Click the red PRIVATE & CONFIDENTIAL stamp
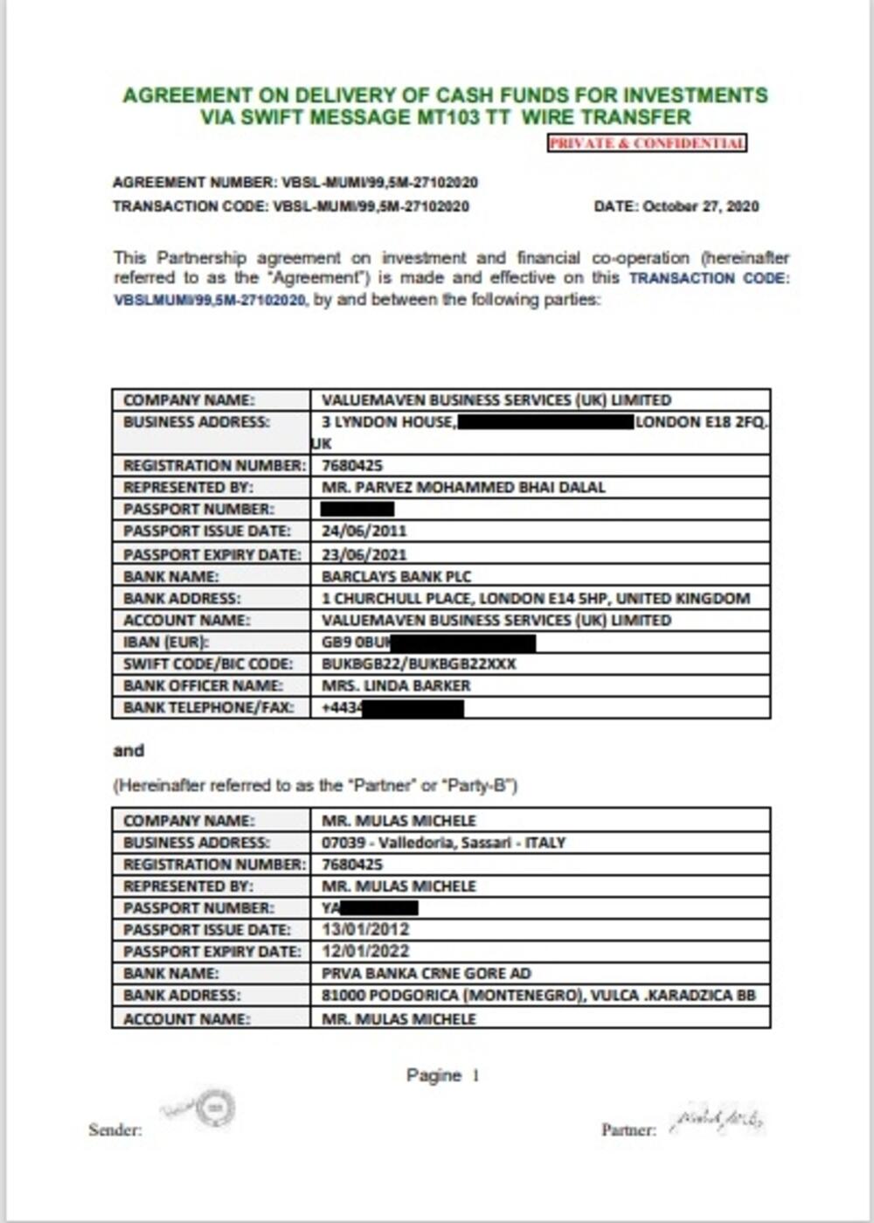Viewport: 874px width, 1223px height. (x=647, y=143)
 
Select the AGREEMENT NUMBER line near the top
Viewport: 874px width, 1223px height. (x=295, y=183)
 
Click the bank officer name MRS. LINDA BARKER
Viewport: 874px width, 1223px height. (x=396, y=686)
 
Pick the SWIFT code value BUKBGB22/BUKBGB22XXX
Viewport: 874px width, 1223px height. (x=419, y=664)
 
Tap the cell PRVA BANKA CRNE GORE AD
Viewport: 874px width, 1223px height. (x=426, y=973)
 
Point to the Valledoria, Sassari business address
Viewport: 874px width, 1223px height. (x=443, y=843)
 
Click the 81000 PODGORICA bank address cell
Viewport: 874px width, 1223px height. (x=538, y=995)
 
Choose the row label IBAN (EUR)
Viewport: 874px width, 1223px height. (x=166, y=643)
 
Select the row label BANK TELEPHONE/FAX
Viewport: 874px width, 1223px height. (x=208, y=708)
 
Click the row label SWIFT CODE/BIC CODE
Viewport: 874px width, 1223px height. (x=208, y=664)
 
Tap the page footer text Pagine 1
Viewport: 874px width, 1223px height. (x=442, y=1075)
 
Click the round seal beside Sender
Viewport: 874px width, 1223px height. (x=214, y=1108)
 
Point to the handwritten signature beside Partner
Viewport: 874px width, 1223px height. (x=717, y=1118)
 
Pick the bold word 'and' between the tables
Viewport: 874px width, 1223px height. (x=128, y=751)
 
